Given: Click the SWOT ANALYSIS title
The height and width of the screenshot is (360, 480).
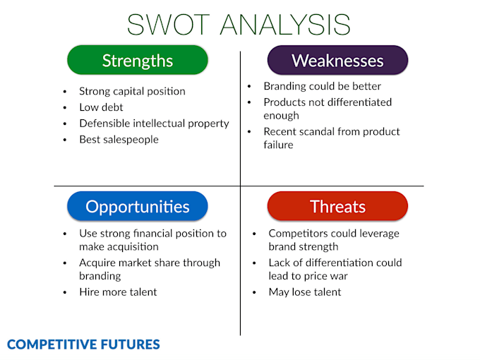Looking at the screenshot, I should (x=239, y=24).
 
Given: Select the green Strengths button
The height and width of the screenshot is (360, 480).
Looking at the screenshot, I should (x=138, y=60).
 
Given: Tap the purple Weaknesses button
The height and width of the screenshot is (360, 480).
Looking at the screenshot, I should (x=337, y=60).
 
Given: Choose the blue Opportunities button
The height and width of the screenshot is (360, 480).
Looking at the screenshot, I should (x=138, y=206).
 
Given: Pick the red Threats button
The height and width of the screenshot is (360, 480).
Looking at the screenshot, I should (x=337, y=206).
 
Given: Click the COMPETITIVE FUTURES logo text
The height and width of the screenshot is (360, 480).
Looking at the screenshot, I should (x=83, y=344).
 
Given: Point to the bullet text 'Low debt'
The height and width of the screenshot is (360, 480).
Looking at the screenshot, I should (x=101, y=107).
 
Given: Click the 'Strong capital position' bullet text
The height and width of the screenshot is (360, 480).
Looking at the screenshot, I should (x=132, y=91).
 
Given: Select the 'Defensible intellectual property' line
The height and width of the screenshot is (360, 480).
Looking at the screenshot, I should (x=154, y=123).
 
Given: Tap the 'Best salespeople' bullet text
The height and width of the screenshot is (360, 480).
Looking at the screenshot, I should (x=119, y=139).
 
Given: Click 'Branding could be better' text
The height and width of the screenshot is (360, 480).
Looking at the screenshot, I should (x=322, y=86).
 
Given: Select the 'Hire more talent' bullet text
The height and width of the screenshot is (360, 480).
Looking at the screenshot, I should (x=118, y=292).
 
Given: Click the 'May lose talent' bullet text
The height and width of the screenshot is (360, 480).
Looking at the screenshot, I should (x=304, y=292).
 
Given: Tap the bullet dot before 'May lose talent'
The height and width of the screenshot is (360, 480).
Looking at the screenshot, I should (x=254, y=292).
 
